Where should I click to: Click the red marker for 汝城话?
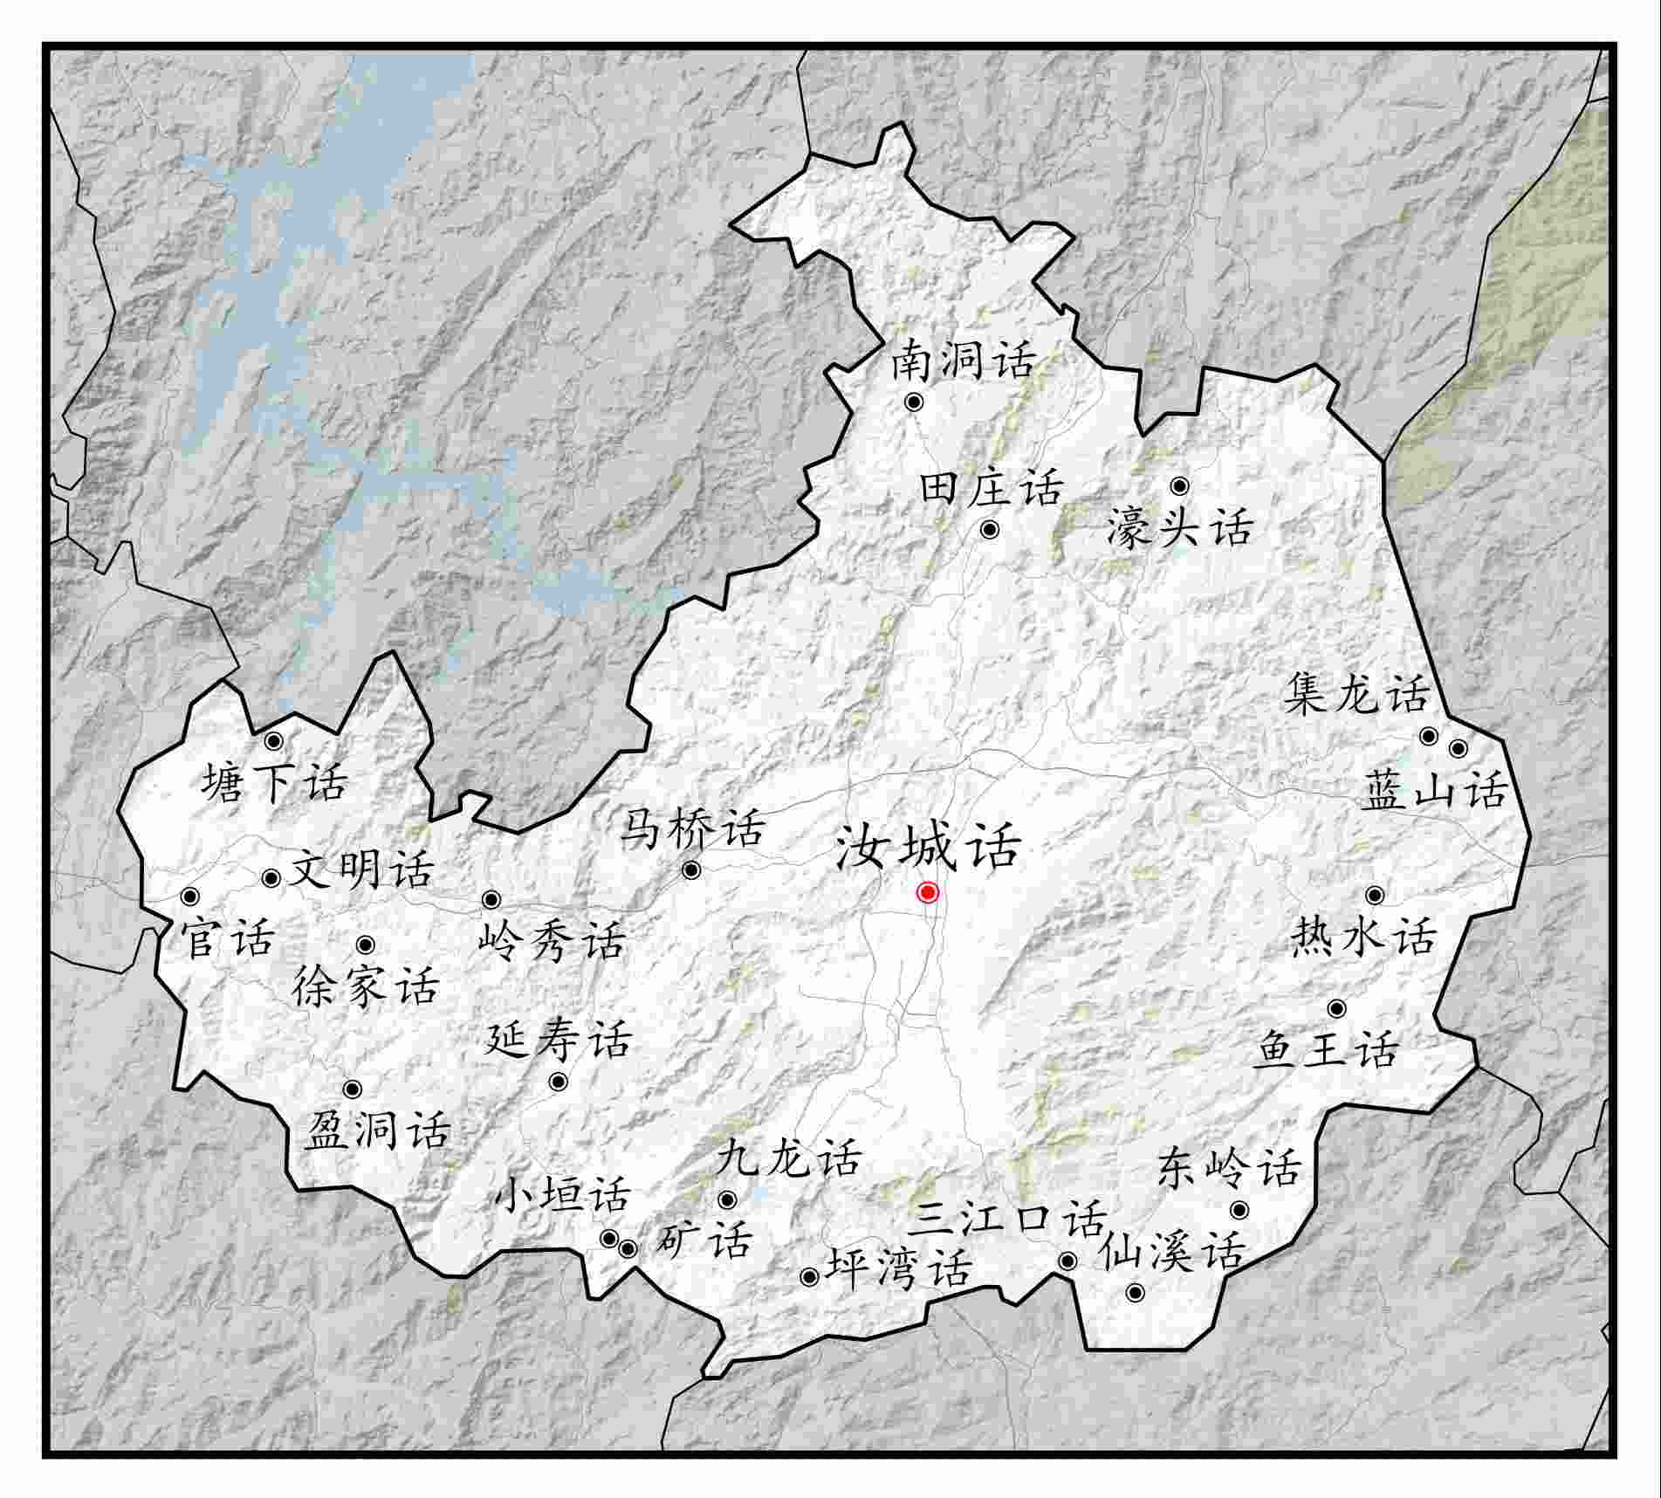point(927,892)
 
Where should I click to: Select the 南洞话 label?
point(963,361)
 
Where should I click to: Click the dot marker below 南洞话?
point(914,402)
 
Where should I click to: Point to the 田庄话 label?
point(992,488)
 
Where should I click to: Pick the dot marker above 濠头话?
point(1179,485)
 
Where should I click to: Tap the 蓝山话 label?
point(1435,792)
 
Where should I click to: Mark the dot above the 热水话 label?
point(1375,895)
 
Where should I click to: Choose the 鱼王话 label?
point(1325,1050)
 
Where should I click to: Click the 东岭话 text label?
point(1229,1169)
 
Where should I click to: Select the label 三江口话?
point(1007,1220)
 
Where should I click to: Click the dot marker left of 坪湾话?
point(809,1277)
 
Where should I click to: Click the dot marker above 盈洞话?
point(353,1089)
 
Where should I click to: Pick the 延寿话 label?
point(558,1040)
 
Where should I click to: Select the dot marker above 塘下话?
point(273,741)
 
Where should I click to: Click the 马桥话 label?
point(692,829)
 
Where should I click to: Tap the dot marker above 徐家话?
point(366,945)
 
